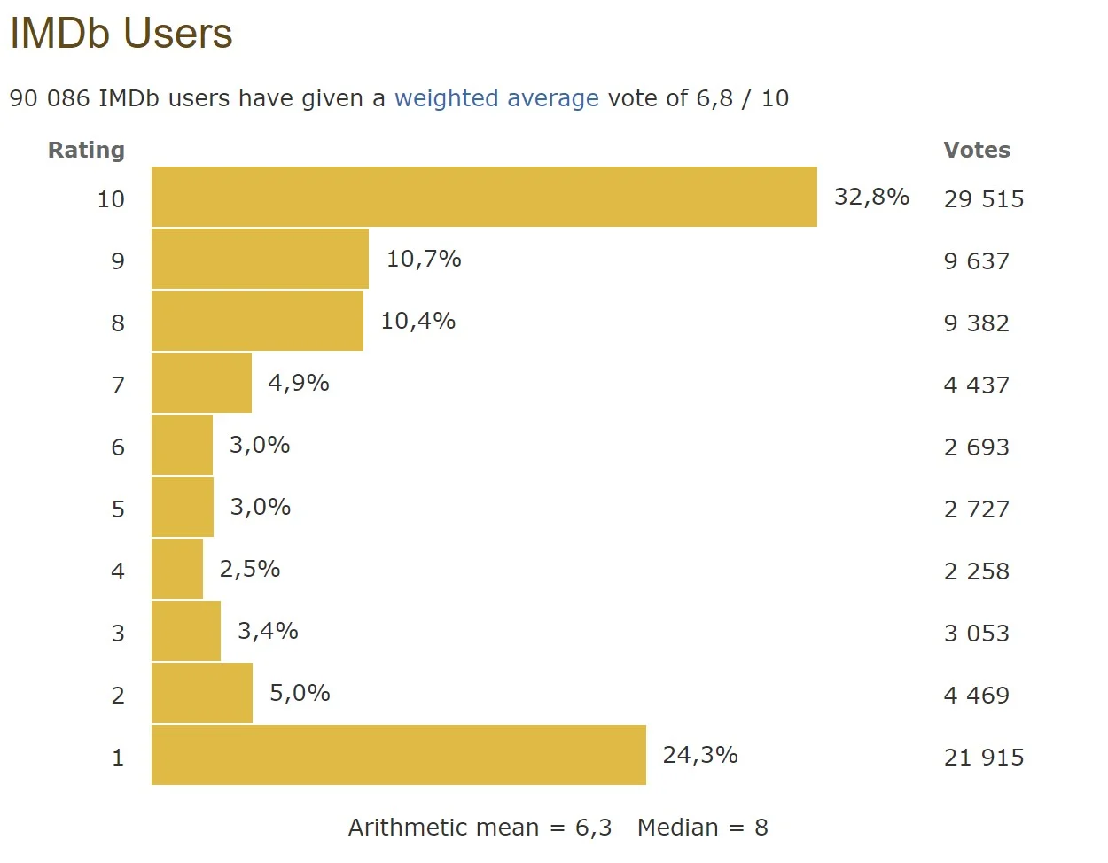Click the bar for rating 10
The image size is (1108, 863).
484,197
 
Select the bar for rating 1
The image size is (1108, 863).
399,755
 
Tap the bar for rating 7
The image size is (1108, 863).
201,383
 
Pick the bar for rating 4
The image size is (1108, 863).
177,569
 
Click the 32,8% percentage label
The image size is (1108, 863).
871,197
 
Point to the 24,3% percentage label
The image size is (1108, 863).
700,755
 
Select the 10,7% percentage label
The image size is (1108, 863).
424,259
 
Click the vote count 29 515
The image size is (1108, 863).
983,199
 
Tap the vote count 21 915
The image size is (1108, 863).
983,758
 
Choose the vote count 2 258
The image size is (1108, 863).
976,571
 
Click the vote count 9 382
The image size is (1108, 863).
976,323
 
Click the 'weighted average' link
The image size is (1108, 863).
496,98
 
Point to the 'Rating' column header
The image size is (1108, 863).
86,150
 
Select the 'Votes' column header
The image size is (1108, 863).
977,150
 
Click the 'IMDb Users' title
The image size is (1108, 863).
121,34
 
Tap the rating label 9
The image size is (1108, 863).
118,261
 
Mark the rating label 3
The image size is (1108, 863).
118,634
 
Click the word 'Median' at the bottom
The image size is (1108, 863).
678,828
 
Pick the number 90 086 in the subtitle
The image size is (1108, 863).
50,98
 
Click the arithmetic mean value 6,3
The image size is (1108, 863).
593,828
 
